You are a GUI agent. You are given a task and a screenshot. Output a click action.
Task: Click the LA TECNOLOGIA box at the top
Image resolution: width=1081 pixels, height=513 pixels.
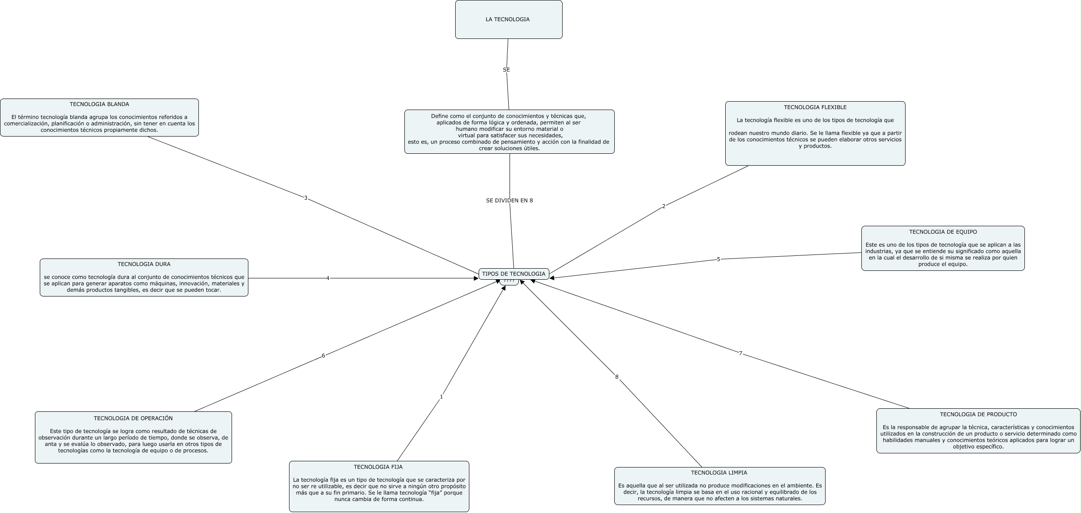(508, 19)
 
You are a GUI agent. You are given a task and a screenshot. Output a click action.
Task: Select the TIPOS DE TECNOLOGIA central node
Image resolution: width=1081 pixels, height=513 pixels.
(514, 274)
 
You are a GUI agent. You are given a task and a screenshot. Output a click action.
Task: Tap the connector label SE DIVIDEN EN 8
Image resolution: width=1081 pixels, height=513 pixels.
(509, 201)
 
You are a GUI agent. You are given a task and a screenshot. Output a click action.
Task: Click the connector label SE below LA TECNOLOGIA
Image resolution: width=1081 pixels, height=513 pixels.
(506, 70)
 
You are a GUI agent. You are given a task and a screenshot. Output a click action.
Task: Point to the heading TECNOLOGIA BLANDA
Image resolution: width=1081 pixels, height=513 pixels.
(99, 105)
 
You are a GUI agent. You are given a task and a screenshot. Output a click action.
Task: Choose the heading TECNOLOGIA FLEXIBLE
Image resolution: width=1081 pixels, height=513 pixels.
(815, 107)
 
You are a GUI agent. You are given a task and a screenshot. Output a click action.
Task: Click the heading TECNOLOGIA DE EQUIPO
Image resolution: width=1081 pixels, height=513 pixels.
(943, 232)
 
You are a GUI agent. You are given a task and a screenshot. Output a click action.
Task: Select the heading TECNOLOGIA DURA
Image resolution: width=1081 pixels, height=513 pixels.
(144, 264)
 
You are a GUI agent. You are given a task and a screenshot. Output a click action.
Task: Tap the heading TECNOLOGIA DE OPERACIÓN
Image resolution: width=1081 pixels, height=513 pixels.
(133, 418)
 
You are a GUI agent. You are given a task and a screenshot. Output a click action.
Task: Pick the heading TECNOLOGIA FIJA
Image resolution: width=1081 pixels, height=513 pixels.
(378, 467)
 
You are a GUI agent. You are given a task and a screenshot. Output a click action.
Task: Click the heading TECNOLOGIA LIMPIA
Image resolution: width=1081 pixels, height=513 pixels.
(719, 473)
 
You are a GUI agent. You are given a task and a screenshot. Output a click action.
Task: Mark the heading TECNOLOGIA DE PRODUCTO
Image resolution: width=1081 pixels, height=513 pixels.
(978, 414)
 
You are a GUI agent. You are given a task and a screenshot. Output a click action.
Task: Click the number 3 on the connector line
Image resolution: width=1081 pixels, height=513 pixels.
(305, 198)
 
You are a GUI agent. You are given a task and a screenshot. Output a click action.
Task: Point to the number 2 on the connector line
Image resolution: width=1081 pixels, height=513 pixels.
(663, 206)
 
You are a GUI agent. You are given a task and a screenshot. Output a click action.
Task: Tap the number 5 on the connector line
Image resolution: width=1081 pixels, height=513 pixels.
(718, 259)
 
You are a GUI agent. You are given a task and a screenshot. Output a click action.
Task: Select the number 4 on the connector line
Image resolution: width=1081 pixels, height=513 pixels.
(327, 278)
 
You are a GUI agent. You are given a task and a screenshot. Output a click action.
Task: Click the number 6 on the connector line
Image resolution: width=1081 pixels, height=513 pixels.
(323, 356)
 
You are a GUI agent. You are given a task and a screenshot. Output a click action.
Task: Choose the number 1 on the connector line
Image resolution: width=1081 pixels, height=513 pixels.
(441, 397)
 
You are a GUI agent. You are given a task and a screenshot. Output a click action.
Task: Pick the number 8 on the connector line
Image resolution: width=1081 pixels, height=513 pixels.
(617, 377)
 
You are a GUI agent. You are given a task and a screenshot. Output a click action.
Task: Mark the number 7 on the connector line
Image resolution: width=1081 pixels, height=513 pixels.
(741, 353)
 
